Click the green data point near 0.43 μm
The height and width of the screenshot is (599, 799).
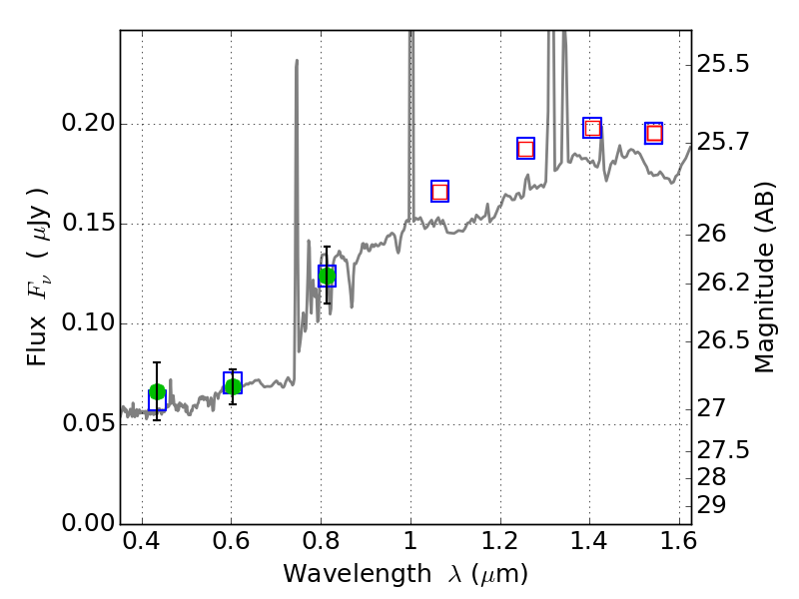[x=157, y=391]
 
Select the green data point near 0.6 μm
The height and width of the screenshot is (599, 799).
[x=233, y=386]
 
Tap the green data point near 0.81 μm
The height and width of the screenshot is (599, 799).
[x=327, y=276]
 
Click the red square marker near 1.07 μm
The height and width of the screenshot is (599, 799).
[x=439, y=192]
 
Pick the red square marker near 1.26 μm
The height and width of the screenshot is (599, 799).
[x=525, y=149]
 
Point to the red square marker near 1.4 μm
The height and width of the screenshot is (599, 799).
[x=592, y=128]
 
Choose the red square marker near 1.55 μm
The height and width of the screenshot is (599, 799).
[x=654, y=133]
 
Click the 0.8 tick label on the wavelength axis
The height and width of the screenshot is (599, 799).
[x=321, y=545]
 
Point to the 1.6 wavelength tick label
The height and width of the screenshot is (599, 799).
[x=679, y=545]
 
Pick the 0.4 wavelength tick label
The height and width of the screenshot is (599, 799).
[x=142, y=545]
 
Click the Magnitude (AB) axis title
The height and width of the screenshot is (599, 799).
[x=765, y=278]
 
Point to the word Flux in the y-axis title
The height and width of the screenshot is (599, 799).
[x=37, y=343]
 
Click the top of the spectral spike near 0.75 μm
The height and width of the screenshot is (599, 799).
[x=297, y=61]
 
